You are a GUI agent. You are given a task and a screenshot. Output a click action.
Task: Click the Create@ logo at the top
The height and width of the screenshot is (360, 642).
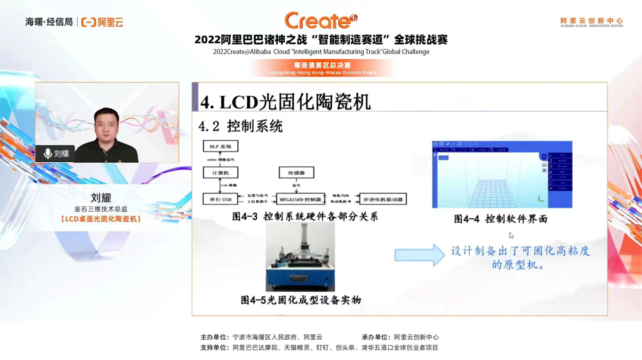320,21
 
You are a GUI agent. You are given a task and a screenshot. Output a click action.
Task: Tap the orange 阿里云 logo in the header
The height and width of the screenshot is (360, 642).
102,22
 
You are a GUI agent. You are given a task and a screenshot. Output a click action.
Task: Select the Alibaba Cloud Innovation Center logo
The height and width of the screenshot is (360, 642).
591,22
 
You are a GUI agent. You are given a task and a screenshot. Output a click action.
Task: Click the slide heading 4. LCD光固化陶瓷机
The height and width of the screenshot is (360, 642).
285,102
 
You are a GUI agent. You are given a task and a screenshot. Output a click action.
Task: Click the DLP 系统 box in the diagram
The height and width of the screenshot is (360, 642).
220,146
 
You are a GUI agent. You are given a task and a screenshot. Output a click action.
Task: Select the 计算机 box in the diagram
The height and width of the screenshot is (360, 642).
220,173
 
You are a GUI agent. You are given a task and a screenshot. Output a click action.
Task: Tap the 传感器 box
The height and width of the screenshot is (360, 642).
296,173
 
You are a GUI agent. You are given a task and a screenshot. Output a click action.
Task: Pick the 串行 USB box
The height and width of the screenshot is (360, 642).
220,199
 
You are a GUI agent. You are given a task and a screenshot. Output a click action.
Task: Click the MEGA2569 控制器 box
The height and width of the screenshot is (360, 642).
301,199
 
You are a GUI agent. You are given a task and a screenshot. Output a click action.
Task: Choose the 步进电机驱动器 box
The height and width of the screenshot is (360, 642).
383,199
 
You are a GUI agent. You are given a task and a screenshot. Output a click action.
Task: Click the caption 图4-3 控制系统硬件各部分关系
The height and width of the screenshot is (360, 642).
305,217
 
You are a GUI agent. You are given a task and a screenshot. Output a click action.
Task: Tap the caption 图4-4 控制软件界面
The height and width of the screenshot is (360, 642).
501,219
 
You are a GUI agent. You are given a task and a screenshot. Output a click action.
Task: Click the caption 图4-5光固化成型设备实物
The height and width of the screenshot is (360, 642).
301,300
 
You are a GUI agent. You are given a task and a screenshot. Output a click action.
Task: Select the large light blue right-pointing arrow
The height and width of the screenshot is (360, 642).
419,255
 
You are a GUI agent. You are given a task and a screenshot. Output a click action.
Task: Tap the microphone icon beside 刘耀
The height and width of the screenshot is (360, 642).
48,153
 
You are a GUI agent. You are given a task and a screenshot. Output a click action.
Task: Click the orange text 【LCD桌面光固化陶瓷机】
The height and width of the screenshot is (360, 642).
101,219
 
